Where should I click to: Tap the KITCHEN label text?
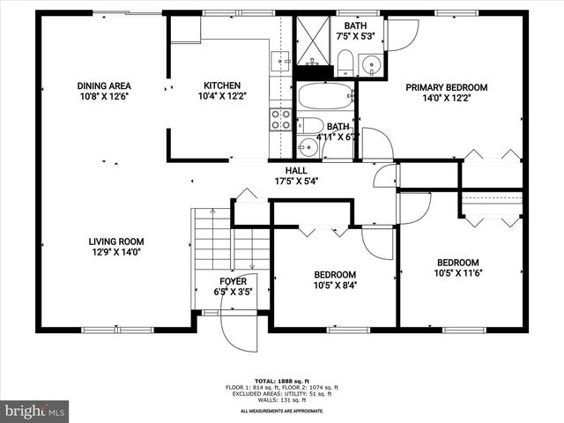(x=222, y=85)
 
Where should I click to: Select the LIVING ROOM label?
(x=115, y=241)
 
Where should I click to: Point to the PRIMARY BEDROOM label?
(x=446, y=87)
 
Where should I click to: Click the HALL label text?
(x=295, y=170)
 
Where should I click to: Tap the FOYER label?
(x=233, y=281)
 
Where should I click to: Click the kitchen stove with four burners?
(x=280, y=119)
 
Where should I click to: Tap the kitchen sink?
(x=280, y=61)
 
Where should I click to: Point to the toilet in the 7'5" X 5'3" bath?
(x=345, y=61)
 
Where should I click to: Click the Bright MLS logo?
(x=35, y=411)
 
